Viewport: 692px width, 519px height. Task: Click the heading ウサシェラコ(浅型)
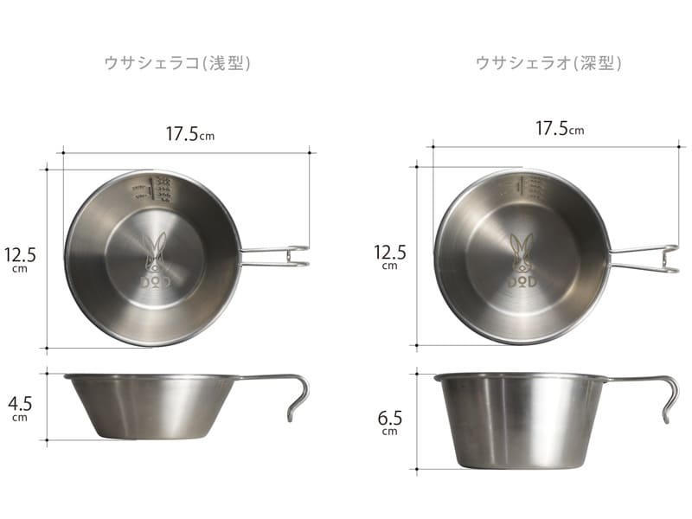[x=176, y=63]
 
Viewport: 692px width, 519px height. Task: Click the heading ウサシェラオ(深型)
[x=548, y=63]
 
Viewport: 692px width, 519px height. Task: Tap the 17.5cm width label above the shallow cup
[x=188, y=135]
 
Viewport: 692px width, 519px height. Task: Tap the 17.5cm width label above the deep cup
[x=559, y=129]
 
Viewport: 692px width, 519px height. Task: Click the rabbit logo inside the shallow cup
[x=156, y=252]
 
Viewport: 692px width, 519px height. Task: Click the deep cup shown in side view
[x=519, y=420]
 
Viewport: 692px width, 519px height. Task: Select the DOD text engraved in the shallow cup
[x=156, y=283]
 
